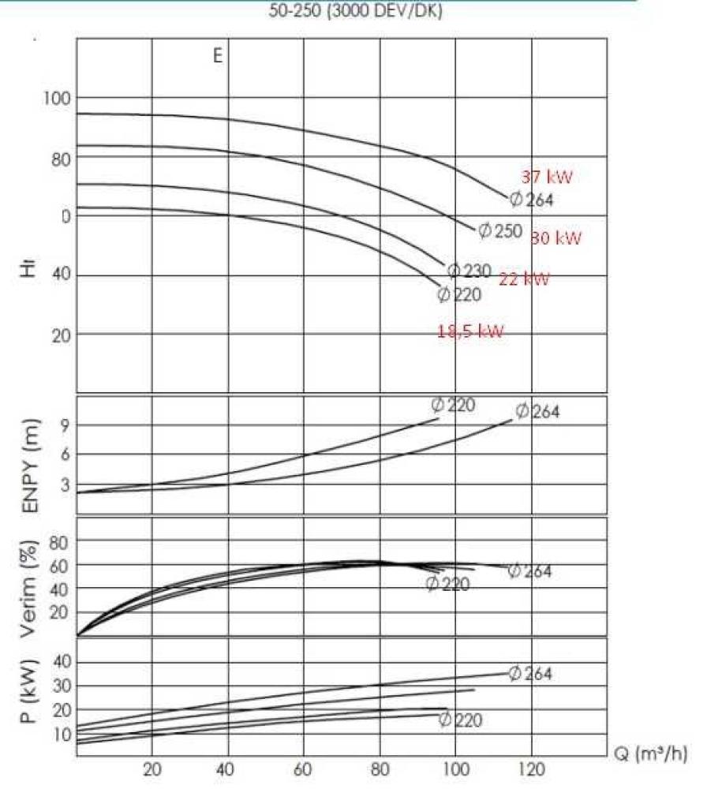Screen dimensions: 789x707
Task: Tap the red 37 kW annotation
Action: coord(547,177)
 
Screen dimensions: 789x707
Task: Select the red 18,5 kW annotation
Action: coord(470,331)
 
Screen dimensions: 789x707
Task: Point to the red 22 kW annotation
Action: coord(524,278)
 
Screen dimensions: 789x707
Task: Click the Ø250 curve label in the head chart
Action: coord(501,230)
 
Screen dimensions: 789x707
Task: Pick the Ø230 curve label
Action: coord(469,271)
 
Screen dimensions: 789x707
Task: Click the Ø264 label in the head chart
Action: coord(532,200)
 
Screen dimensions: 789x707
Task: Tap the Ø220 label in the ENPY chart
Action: coord(454,405)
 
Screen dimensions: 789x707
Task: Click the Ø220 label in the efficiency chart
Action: coord(447,584)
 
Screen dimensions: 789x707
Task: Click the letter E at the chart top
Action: coord(218,56)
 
